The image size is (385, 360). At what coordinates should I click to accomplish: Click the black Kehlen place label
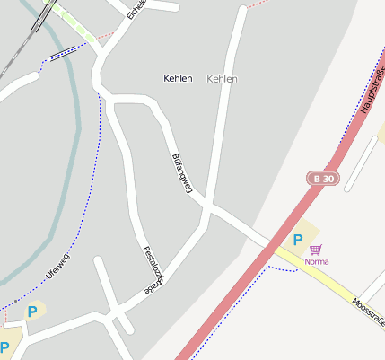pos(178,79)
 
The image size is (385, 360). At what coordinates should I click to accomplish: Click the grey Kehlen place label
pos(222,79)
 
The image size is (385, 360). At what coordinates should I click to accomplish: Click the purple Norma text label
pos(316,261)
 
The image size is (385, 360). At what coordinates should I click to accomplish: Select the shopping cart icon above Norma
pos(315,249)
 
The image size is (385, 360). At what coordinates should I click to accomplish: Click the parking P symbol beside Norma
pos(298,240)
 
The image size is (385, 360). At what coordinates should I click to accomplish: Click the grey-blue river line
pos(74,135)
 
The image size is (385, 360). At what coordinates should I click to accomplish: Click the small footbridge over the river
pos(62,53)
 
